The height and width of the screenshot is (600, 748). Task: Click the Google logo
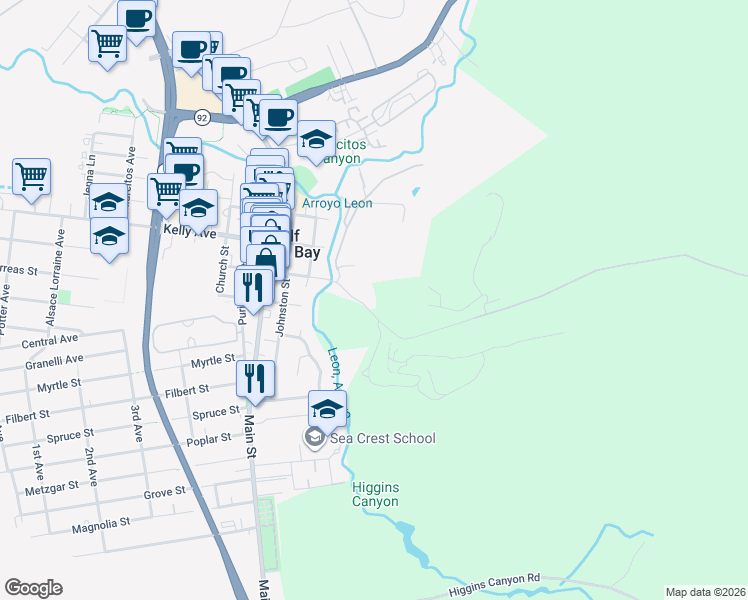pyautogui.click(x=33, y=588)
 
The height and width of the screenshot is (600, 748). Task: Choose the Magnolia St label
pyautogui.click(x=101, y=523)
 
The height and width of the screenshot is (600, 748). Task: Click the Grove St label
pyautogui.click(x=165, y=492)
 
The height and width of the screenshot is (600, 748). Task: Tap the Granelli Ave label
pyautogui.click(x=61, y=360)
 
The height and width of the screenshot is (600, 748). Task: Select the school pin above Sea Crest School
pyautogui.click(x=326, y=408)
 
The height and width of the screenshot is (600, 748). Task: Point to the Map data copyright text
pyautogui.click(x=705, y=592)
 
